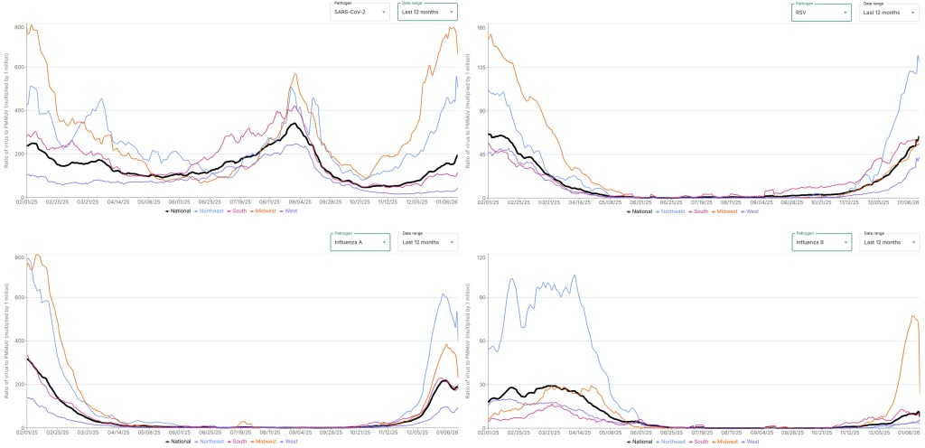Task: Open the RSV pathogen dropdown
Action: (x=822, y=12)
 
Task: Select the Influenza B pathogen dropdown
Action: (x=822, y=242)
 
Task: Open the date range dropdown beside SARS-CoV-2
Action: (x=427, y=12)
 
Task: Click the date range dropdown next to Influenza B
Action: (x=888, y=242)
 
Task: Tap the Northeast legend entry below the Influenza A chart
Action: (x=214, y=441)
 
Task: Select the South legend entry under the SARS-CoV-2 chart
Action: (x=239, y=210)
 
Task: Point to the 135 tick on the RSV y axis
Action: (x=481, y=68)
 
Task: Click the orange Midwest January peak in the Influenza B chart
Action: (x=913, y=316)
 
